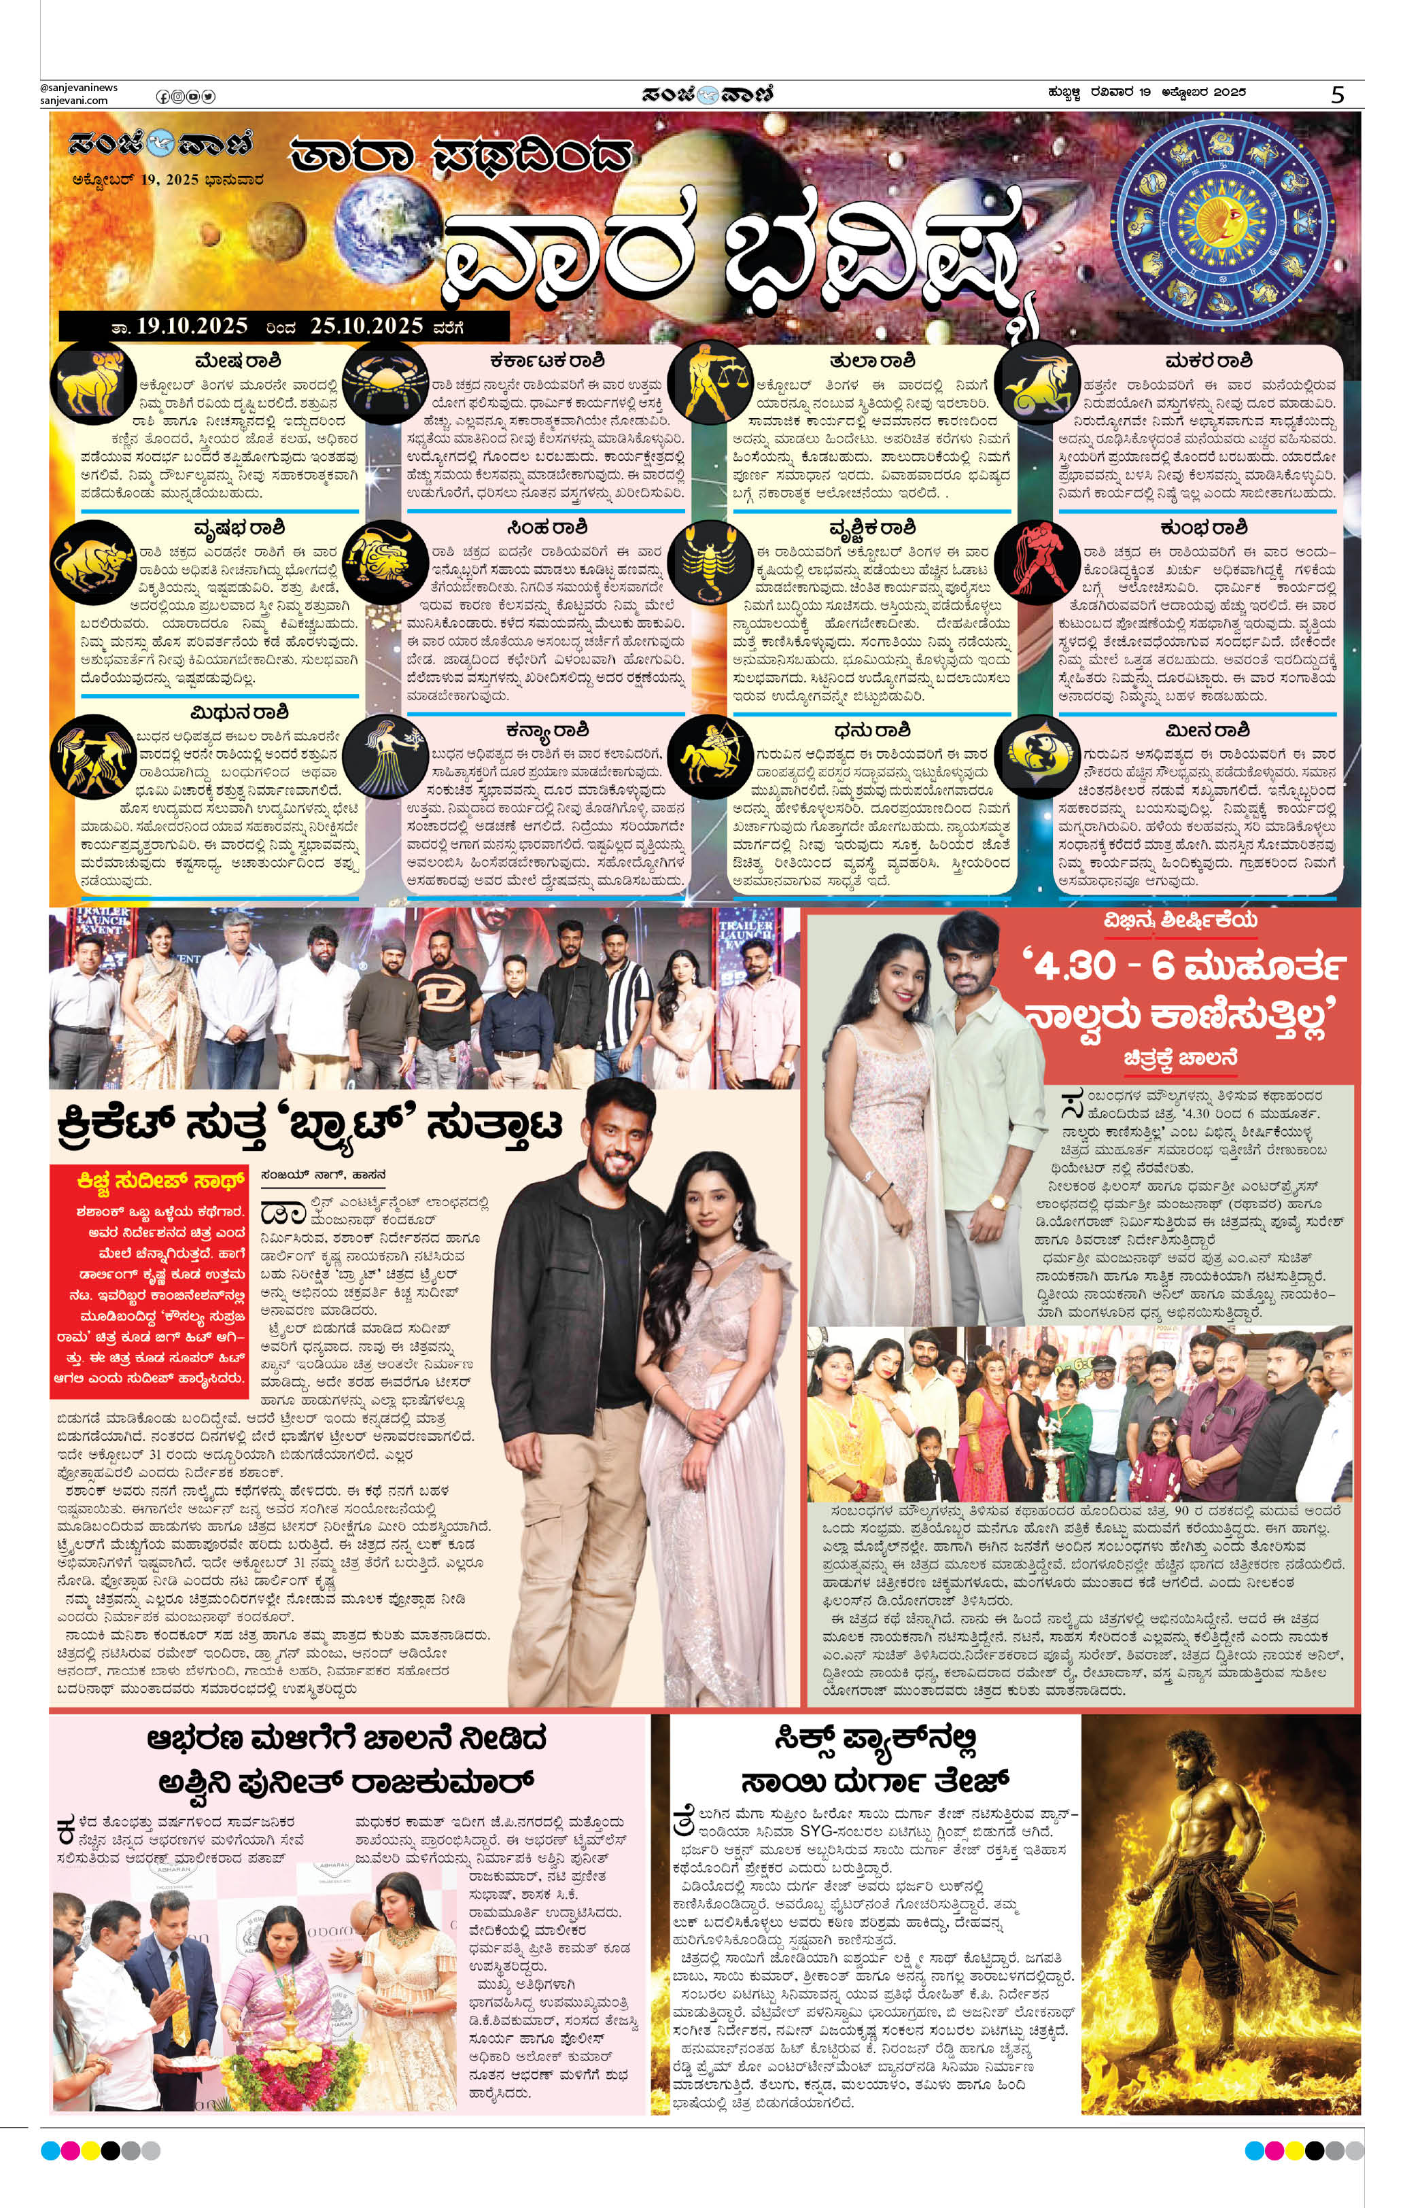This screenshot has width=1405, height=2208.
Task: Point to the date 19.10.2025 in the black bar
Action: tap(192, 326)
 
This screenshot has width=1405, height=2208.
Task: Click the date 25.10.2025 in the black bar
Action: tap(366, 326)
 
